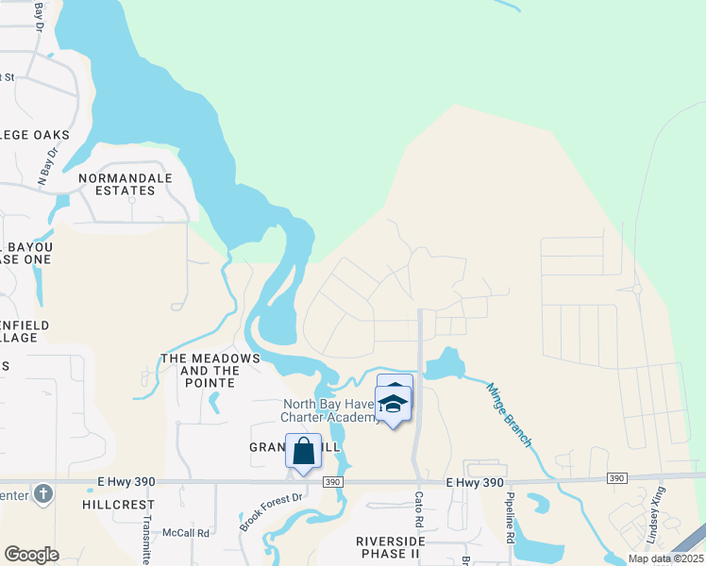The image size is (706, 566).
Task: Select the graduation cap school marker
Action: tap(393, 404)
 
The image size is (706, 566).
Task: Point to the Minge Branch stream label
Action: tap(510, 415)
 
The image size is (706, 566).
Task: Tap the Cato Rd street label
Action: tap(420, 509)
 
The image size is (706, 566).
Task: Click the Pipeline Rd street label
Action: tap(509, 517)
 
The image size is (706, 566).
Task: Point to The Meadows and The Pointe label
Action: tap(210, 365)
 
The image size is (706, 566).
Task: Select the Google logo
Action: tap(30, 554)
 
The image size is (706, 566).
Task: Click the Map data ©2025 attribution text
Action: tap(665, 558)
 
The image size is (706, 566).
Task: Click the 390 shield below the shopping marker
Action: tap(331, 481)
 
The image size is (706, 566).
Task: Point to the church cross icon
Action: tap(42, 493)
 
